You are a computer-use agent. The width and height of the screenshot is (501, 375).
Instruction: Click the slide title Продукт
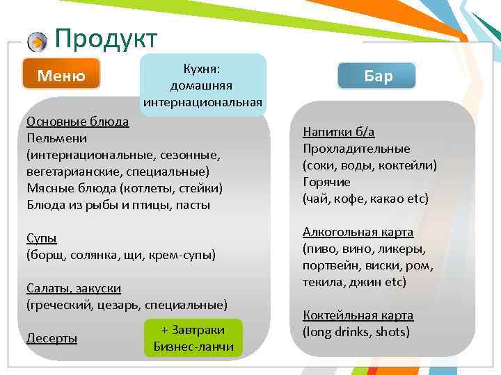click(106, 39)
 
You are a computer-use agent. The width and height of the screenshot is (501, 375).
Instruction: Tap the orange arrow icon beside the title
click(37, 42)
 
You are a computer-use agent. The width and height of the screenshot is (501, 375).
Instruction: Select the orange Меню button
click(61, 75)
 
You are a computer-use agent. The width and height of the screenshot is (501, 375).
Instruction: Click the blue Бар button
click(377, 76)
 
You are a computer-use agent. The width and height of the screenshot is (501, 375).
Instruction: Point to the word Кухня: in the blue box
click(202, 69)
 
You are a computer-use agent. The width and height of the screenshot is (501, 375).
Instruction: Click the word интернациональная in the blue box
click(202, 103)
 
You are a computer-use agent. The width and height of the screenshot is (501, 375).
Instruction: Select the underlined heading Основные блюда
click(77, 122)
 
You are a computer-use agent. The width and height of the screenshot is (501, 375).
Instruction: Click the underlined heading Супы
click(41, 238)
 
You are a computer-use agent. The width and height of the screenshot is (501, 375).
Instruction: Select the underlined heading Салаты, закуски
click(73, 288)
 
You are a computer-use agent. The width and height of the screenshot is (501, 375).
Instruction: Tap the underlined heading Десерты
click(51, 338)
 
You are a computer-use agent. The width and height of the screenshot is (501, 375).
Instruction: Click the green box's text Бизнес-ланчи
click(193, 347)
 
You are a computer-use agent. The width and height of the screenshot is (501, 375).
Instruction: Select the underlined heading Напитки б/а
click(339, 132)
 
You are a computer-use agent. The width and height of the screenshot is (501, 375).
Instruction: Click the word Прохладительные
click(356, 149)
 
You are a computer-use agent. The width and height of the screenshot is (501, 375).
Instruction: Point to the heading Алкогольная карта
click(358, 232)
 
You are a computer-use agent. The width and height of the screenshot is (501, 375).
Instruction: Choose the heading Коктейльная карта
click(358, 315)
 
